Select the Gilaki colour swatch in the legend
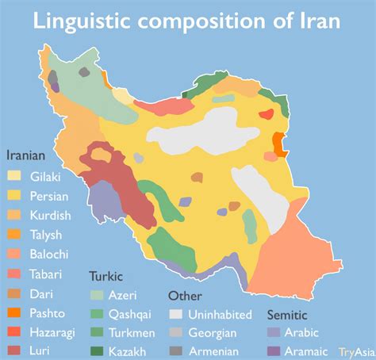coord(15,177)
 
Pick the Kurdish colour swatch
coord(15,215)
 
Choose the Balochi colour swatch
coord(15,254)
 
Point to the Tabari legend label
coord(47,274)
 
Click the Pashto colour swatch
coord(15,312)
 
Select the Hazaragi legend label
coord(53,331)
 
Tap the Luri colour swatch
coord(15,350)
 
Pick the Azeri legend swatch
coord(97,294)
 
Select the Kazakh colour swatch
coord(97,350)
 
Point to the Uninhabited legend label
coord(221,315)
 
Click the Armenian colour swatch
coord(177,350)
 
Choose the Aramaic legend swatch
coord(274,350)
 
